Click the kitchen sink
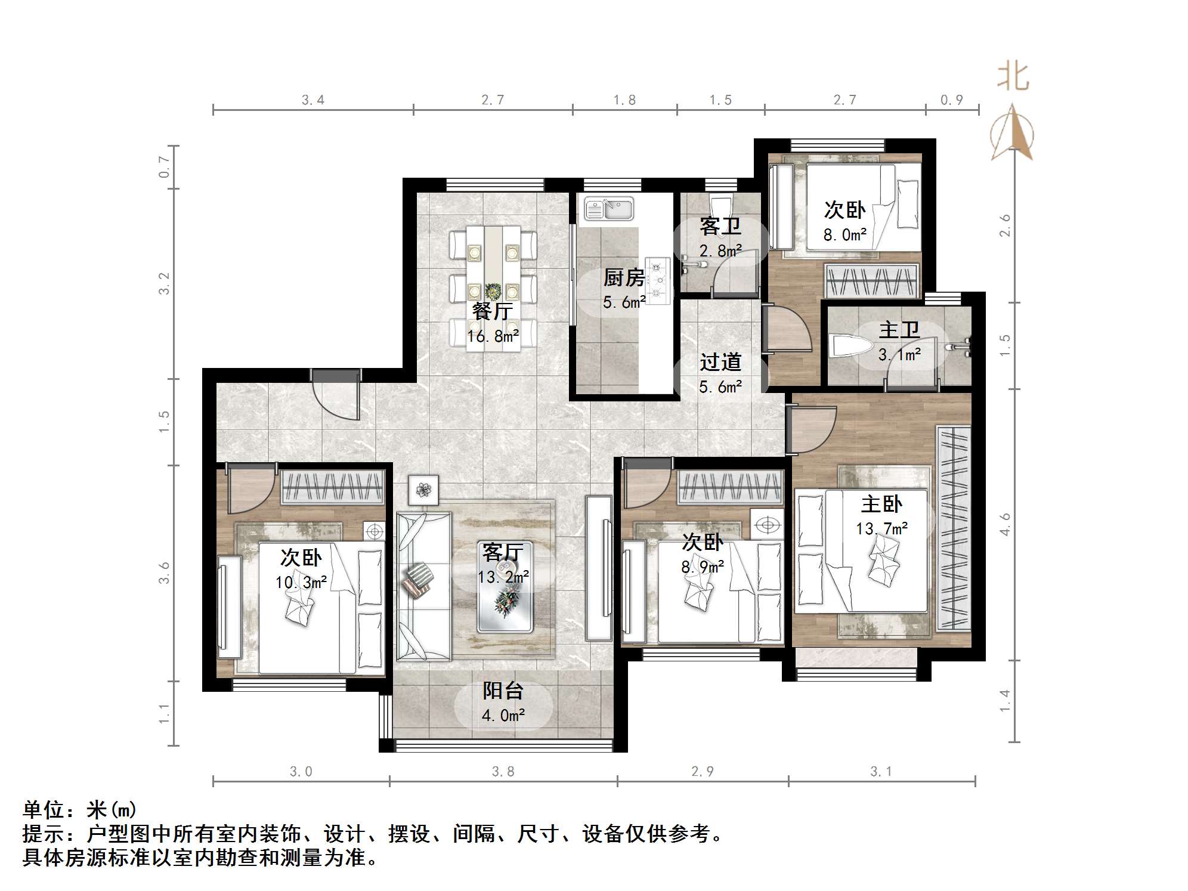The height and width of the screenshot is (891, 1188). pos(608,209)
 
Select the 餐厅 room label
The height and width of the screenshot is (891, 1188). pos(492,311)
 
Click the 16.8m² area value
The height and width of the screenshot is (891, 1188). pos(493,336)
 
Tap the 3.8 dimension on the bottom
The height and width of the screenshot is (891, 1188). pos(503,772)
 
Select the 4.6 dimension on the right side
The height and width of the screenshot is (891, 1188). pos(1005,524)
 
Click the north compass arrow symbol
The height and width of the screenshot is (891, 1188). pos(1012,132)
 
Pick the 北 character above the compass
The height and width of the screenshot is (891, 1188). pos(1013,78)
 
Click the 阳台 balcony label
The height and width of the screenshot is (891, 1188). pos(503,691)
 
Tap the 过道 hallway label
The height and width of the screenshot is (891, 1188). pos(720,362)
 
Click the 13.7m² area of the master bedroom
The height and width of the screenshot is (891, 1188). pos(881,528)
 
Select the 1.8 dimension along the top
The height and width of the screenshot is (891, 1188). pos(624,100)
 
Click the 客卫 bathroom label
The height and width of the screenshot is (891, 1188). pos(720,227)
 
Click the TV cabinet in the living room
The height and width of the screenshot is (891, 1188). pos(598,568)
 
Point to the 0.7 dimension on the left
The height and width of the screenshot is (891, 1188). pos(165,166)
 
